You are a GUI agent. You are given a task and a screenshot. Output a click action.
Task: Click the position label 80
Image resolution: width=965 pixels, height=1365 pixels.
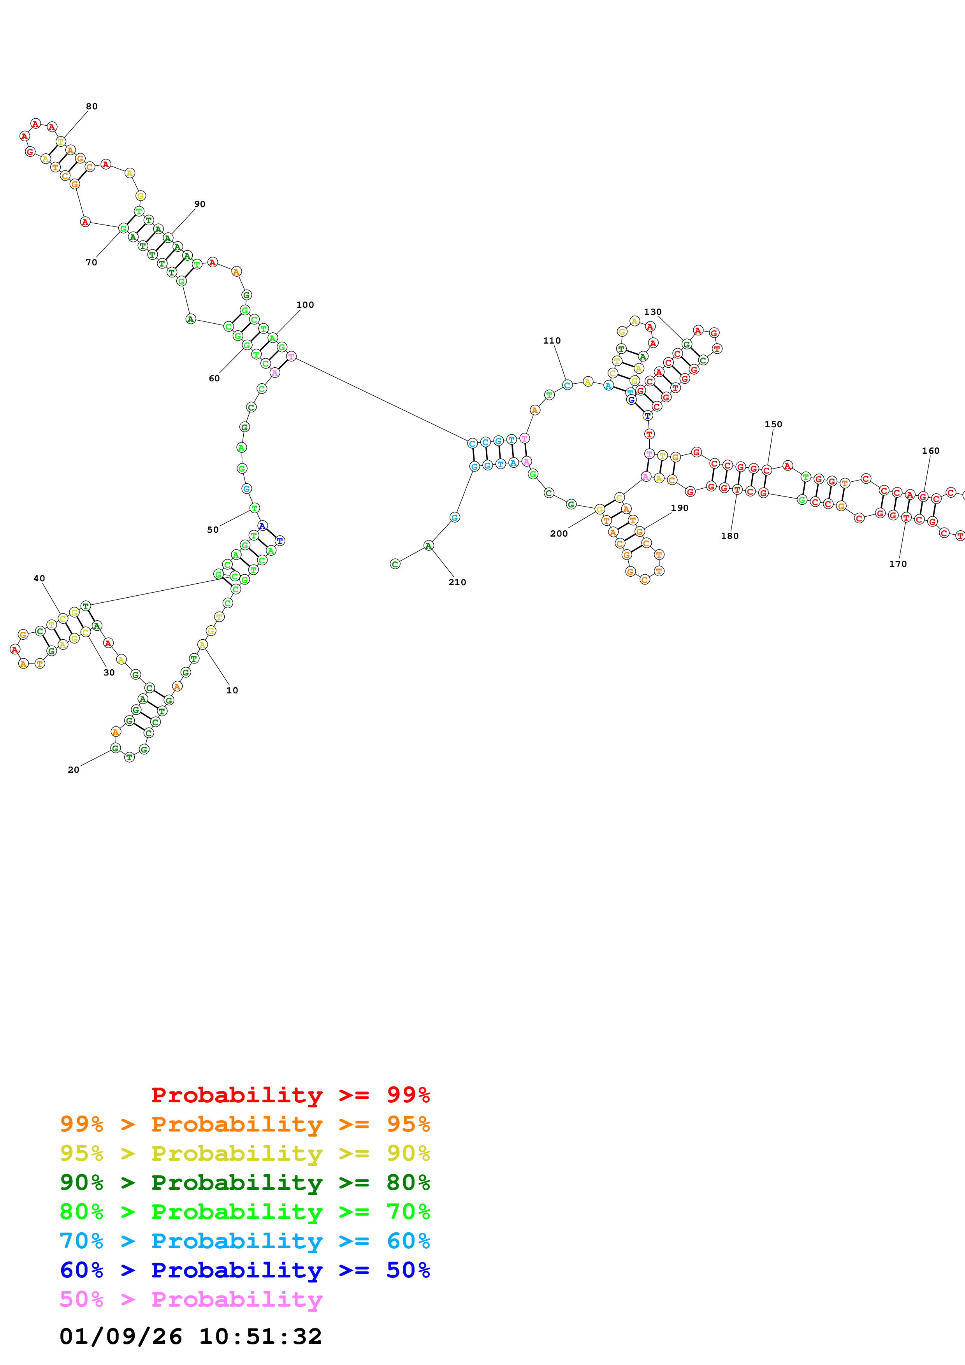pos(91,106)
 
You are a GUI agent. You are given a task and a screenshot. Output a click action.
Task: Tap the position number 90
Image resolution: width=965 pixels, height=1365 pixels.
pos(200,204)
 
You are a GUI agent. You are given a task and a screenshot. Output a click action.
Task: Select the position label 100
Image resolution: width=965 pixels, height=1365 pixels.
pos(305,305)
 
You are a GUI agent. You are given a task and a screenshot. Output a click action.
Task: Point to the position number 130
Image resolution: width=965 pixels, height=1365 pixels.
pos(652,312)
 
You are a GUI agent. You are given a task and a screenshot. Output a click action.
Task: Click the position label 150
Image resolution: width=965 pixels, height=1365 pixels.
pos(773,425)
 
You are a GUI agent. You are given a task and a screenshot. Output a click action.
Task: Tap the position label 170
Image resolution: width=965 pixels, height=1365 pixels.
pos(898,564)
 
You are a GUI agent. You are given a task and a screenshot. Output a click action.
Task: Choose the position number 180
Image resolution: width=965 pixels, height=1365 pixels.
pos(729,536)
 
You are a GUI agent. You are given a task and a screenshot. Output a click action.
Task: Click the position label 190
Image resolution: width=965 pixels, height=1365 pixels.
pos(680,508)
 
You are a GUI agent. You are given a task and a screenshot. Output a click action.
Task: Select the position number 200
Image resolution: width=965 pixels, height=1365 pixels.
pos(559,534)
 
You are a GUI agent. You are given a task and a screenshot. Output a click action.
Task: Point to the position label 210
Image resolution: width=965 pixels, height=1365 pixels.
pos(457,582)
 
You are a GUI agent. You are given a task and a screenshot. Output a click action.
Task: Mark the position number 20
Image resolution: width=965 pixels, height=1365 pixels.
pos(74,770)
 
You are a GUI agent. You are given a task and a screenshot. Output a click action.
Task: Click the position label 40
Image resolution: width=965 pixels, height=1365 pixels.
pos(39,579)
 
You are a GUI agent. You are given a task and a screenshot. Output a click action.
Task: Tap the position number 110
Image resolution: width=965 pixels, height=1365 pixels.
pos(552,340)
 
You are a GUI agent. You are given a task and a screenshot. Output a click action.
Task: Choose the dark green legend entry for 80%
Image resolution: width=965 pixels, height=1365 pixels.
pos(245,1183)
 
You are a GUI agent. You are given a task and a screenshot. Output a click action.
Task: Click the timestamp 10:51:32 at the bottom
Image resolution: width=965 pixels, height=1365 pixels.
pos(260,1337)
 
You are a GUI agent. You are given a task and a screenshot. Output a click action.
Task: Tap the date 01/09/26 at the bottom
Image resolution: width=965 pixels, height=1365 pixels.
pos(121,1337)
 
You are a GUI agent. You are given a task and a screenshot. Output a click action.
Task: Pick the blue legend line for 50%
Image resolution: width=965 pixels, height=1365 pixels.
pos(245,1270)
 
